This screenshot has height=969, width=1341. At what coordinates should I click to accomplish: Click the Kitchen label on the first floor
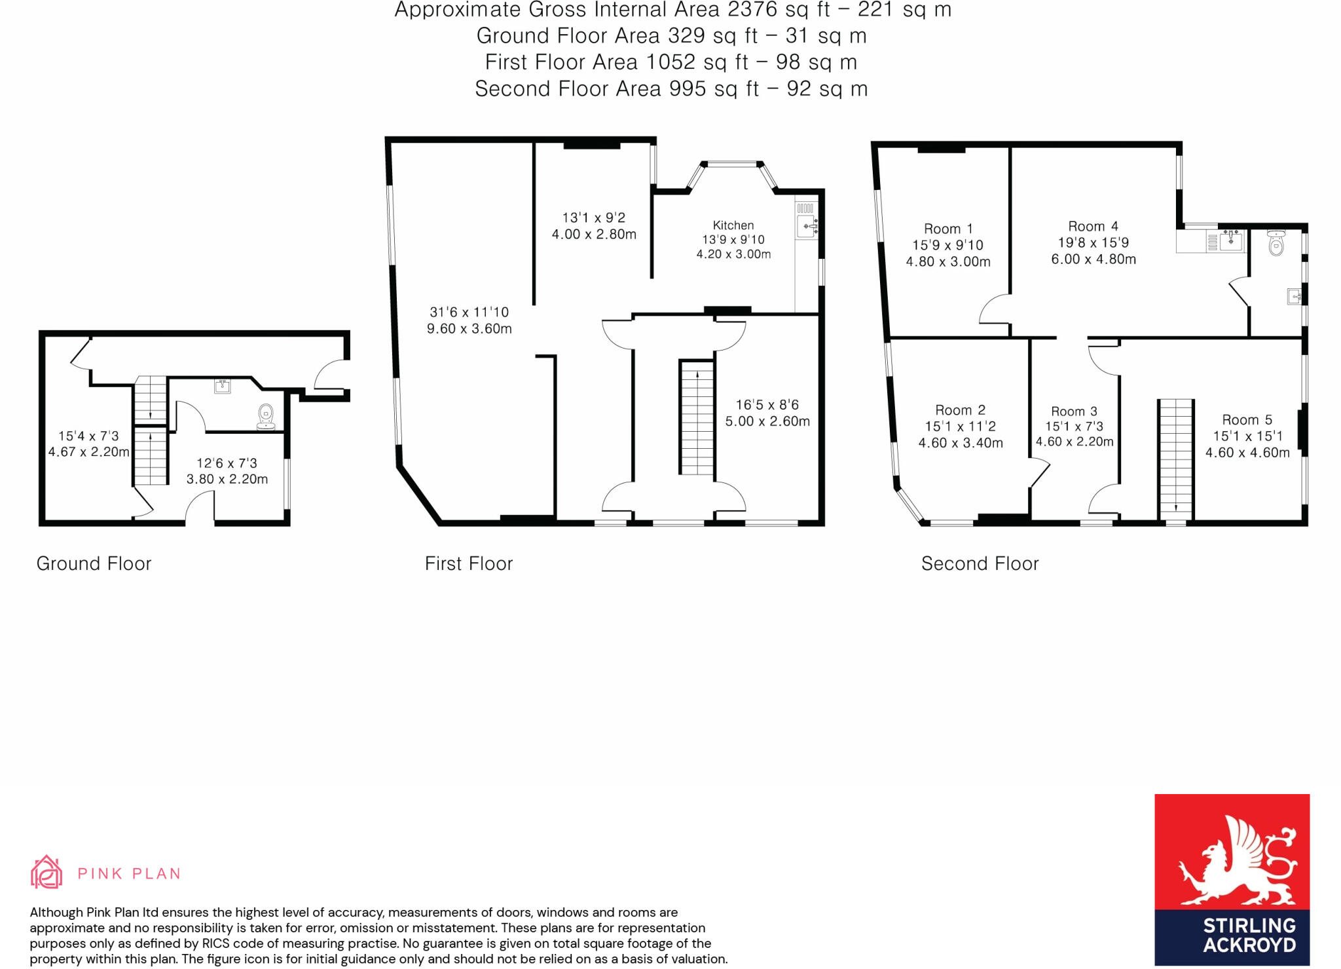click(x=733, y=225)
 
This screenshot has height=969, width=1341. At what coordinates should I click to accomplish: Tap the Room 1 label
click(x=948, y=229)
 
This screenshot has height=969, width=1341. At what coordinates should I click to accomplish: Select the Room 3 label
click(x=1074, y=411)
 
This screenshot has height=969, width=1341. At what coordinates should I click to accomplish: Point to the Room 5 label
click(x=1247, y=420)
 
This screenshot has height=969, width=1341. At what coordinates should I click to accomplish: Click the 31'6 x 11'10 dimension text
click(x=469, y=312)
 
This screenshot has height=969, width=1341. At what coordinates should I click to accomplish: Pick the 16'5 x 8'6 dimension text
click(x=767, y=405)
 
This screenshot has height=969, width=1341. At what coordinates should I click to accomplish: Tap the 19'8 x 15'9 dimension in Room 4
click(x=1093, y=242)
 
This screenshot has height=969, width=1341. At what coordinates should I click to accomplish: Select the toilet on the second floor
click(x=1276, y=242)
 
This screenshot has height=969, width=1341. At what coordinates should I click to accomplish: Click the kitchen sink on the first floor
click(x=807, y=226)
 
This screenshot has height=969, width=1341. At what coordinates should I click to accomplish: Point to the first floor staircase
click(x=697, y=418)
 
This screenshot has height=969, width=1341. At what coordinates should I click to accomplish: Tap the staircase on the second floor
click(x=1176, y=459)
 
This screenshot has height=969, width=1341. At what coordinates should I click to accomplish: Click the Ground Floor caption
click(x=94, y=563)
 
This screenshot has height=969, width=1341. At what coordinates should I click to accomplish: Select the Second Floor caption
click(x=980, y=563)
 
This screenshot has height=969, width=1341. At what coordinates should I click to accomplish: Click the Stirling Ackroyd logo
click(x=1232, y=879)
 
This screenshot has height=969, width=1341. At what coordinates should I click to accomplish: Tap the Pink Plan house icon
click(x=46, y=872)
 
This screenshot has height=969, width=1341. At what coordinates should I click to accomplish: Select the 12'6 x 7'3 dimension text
click(x=227, y=463)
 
